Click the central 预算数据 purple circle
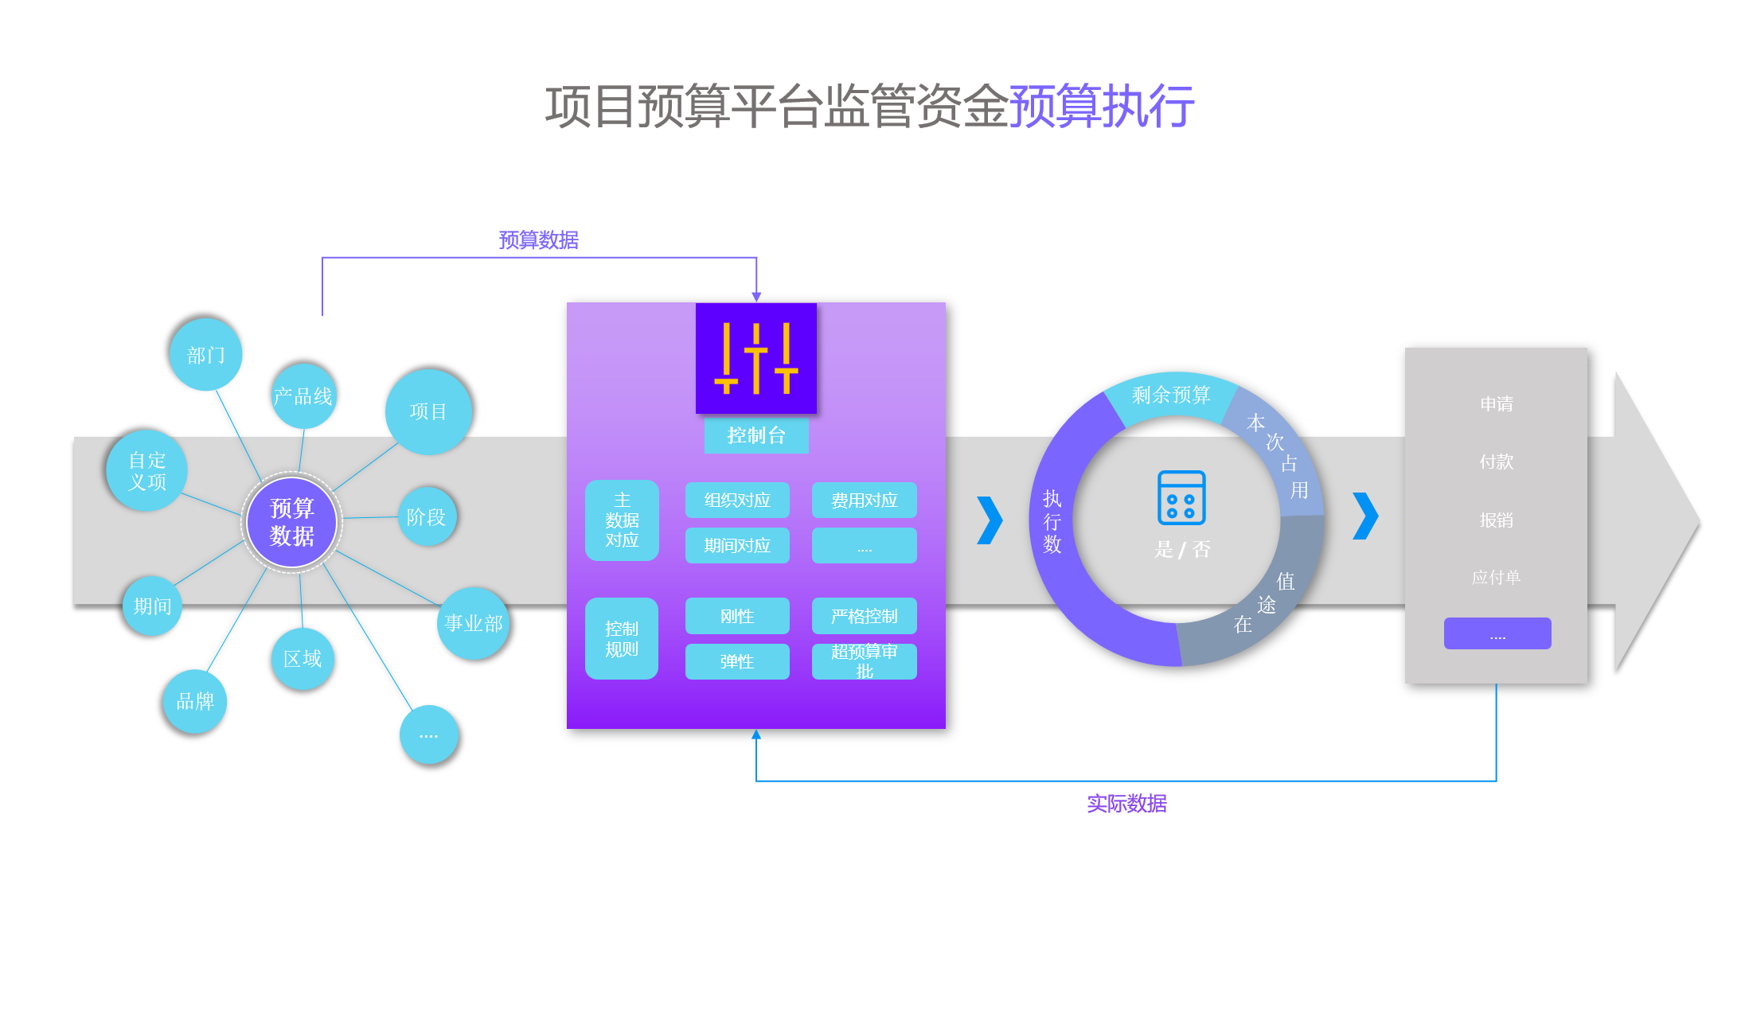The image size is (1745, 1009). pyautogui.click(x=291, y=522)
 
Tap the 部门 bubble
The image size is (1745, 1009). pyautogui.click(x=205, y=355)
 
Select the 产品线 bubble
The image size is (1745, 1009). pyautogui.click(x=303, y=395)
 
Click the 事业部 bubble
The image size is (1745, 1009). pyautogui.click(x=474, y=623)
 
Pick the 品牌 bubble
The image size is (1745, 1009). pyautogui.click(x=195, y=701)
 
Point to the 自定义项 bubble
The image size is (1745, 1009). pyautogui.click(x=147, y=471)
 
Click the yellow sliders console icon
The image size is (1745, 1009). pyautogui.click(x=756, y=358)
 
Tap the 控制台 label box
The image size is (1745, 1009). pyautogui.click(x=756, y=435)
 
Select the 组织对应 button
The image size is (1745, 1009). pyautogui.click(x=737, y=501)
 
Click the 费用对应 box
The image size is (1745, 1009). pyautogui.click(x=864, y=501)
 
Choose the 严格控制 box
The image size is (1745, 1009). pyautogui.click(x=864, y=616)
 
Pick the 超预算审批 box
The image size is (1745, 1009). pyautogui.click(x=864, y=661)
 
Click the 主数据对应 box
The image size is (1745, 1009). pyautogui.click(x=622, y=520)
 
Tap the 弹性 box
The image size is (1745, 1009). pyautogui.click(x=737, y=661)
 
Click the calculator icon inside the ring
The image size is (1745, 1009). pyautogui.click(x=1181, y=498)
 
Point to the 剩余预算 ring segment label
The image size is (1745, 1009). pyautogui.click(x=1170, y=395)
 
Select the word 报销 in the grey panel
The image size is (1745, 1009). pyautogui.click(x=1496, y=520)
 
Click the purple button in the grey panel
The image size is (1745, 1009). pyautogui.click(x=1497, y=633)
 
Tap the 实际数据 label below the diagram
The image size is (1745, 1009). pyautogui.click(x=1126, y=804)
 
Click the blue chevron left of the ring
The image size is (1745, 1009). pyautogui.click(x=990, y=520)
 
